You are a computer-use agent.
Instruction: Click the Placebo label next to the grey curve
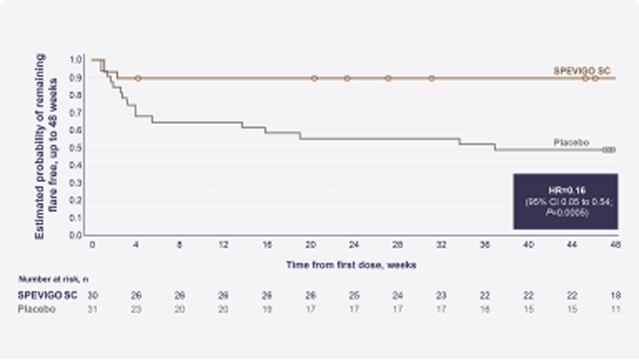coord(571,143)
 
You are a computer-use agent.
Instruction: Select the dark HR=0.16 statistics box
coord(565,201)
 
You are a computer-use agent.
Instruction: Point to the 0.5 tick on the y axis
coord(77,148)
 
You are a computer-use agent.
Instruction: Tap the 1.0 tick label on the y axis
coord(77,60)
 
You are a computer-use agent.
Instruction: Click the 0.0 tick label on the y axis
coord(77,235)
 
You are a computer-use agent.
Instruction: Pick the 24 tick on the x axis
coord(354,247)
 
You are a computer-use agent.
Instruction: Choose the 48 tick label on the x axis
coord(615,247)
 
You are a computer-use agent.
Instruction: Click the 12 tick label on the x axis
coord(223,247)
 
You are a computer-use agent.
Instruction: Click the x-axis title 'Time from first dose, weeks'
coord(354,264)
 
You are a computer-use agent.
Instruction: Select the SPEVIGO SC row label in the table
coord(45,295)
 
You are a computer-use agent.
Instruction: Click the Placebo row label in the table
coord(36,309)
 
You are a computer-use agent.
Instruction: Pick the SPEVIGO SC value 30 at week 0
coord(93,295)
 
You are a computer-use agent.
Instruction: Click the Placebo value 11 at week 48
coord(615,309)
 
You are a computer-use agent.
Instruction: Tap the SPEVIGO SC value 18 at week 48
coord(615,295)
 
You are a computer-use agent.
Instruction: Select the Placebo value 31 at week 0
coord(93,309)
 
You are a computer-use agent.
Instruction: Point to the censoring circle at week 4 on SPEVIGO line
coord(137,78)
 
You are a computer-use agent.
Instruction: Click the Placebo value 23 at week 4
coord(136,309)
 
